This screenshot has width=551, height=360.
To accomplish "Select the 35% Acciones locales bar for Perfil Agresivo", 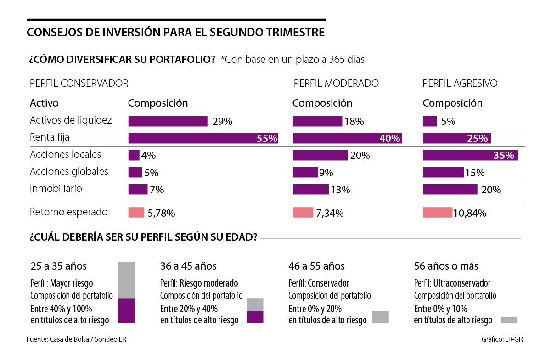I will [470, 155].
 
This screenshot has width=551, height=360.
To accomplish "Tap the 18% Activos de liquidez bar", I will [317, 121].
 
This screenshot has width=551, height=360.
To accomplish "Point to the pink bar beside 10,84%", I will [437, 213].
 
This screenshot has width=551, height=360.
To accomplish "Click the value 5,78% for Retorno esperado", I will [161, 213].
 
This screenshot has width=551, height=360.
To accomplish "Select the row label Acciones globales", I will [69, 172].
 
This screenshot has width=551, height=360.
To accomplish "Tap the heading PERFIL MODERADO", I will [336, 83].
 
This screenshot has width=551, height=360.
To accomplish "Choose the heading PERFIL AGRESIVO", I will [460, 83].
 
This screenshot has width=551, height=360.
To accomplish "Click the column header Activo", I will [44, 103].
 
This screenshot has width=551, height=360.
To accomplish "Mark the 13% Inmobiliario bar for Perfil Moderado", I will [310, 189].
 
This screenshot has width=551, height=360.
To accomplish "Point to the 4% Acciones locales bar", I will [134, 155].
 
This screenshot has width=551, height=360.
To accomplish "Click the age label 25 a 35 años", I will [58, 266].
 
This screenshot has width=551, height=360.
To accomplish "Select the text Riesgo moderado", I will [209, 283].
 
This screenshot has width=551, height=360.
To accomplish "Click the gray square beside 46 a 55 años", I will [380, 317].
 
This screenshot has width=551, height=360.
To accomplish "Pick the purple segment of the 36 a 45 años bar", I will [255, 317].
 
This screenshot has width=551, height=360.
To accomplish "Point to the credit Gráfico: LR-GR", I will [502, 339].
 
